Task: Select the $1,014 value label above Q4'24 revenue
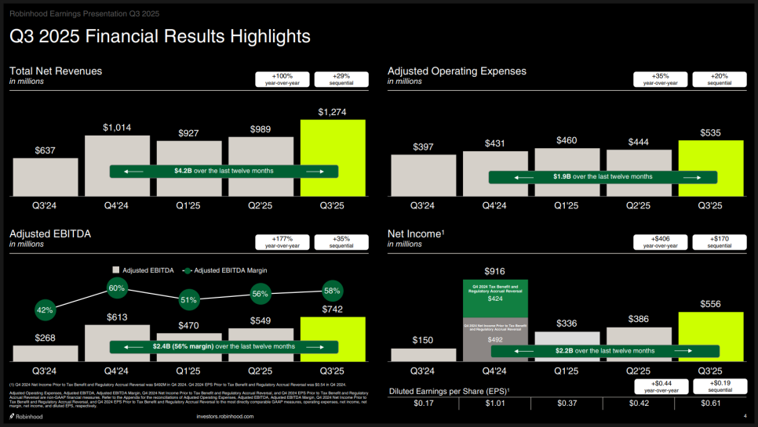[x=117, y=128]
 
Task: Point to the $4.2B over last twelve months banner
[x=224, y=171]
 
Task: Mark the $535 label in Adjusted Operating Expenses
[x=710, y=132]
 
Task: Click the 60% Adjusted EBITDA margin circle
[x=117, y=288]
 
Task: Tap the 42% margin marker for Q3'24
[x=46, y=310]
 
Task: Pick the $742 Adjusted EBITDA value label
[x=333, y=310]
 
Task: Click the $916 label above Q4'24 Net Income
[x=494, y=271]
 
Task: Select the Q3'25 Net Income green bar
[x=710, y=336]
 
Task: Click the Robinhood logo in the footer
[x=26, y=417]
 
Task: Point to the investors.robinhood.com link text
[x=225, y=417]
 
